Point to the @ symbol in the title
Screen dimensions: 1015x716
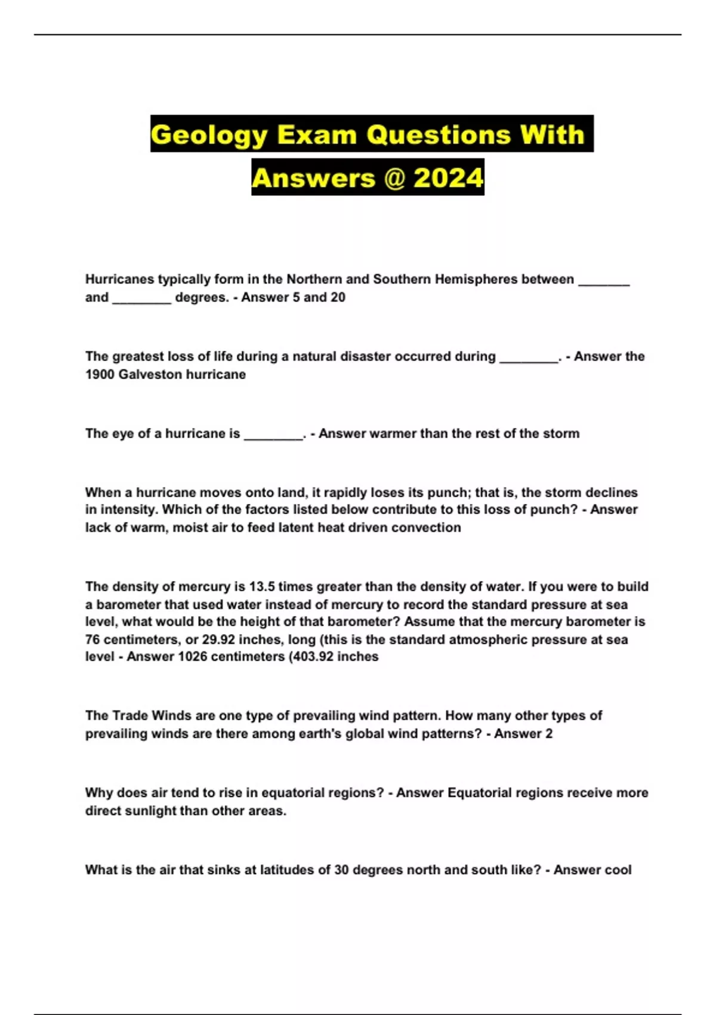393,178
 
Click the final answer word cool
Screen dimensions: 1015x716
618,870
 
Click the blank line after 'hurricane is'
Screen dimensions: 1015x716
273,436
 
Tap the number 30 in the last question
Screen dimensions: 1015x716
341,870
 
